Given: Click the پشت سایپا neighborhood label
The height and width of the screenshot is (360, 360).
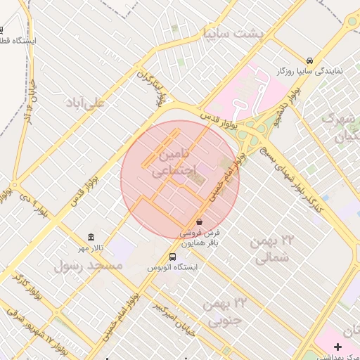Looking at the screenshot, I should (232, 33).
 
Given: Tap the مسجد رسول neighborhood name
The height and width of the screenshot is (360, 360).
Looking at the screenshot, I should (88, 266).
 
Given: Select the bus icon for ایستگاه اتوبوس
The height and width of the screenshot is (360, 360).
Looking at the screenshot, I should (173, 257).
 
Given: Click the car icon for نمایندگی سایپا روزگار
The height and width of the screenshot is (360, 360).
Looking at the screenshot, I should (309, 60).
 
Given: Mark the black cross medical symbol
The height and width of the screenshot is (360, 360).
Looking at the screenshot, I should (338, 347).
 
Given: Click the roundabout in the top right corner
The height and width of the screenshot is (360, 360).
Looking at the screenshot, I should (352, 21).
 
